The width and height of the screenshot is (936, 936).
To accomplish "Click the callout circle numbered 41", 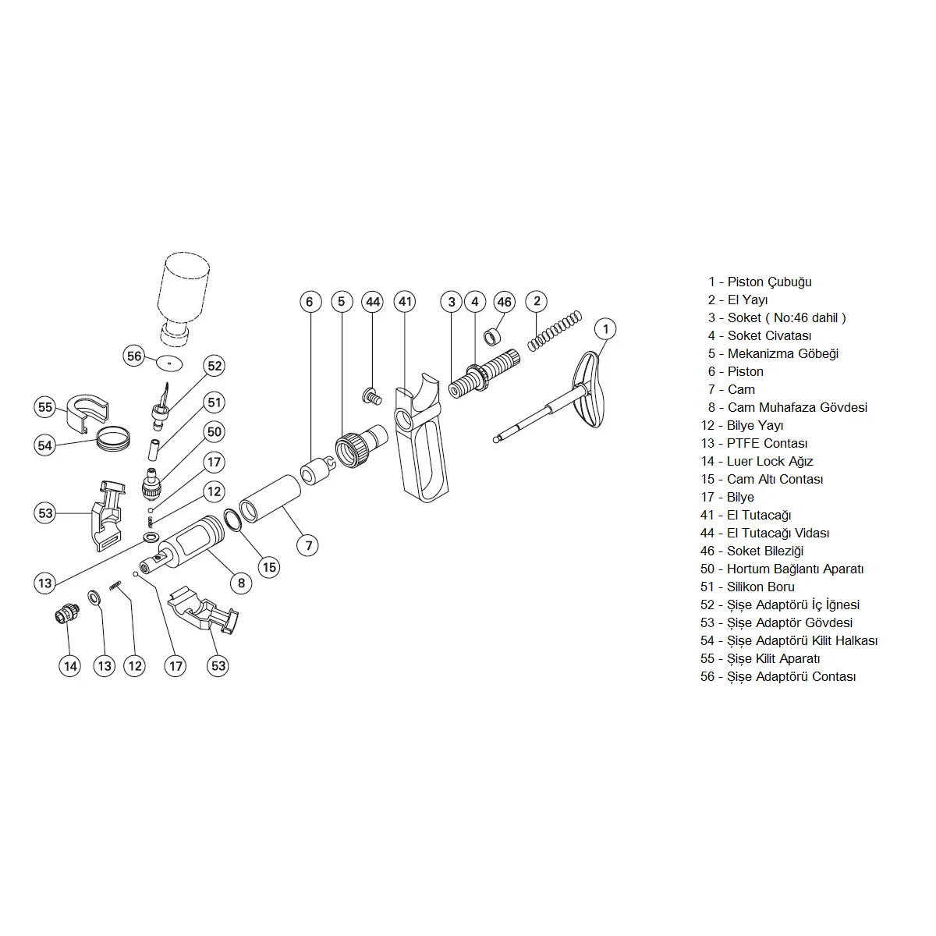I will [x=405, y=302].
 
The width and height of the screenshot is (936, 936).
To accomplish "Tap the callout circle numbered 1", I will [x=605, y=329].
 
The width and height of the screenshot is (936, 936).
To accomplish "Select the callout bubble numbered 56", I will [x=135, y=356].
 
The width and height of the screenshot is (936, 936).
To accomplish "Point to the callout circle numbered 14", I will [x=70, y=665].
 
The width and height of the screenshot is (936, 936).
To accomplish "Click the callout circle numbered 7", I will [x=308, y=545].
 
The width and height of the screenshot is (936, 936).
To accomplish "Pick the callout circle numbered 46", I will [x=505, y=302].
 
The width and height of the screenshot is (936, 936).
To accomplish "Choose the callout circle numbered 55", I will [x=45, y=407].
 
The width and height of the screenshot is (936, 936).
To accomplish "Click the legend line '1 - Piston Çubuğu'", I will [x=759, y=282].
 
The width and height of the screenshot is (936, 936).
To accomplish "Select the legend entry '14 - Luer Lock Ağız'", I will [x=757, y=461].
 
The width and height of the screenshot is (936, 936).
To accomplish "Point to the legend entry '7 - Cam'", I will [x=731, y=389].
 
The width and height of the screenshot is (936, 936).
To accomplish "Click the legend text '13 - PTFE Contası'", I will [x=753, y=443].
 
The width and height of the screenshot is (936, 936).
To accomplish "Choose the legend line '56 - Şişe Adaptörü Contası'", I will [x=778, y=676].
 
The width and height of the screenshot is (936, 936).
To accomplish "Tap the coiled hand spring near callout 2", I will [x=554, y=331].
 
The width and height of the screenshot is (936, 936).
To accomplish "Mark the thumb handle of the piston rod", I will [x=590, y=389].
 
